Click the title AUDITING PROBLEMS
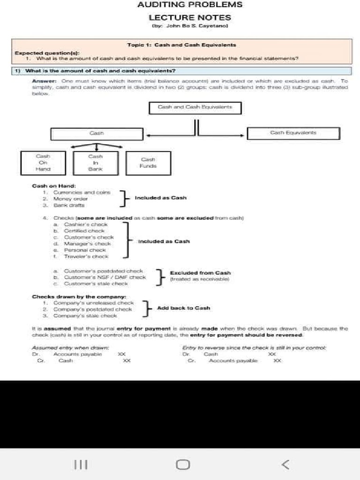(x=190, y=5)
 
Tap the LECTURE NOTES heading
(x=190, y=17)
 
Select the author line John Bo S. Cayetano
(x=190, y=26)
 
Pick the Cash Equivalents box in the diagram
(x=293, y=133)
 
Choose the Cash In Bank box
(x=96, y=162)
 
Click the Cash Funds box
(x=148, y=163)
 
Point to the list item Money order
(x=70, y=199)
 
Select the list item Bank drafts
(x=69, y=205)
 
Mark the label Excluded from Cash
(x=200, y=273)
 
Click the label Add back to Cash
(x=183, y=308)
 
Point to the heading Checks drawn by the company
(x=79, y=297)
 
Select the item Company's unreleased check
(x=93, y=303)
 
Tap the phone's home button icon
(x=183, y=464)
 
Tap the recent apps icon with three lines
(x=81, y=464)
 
